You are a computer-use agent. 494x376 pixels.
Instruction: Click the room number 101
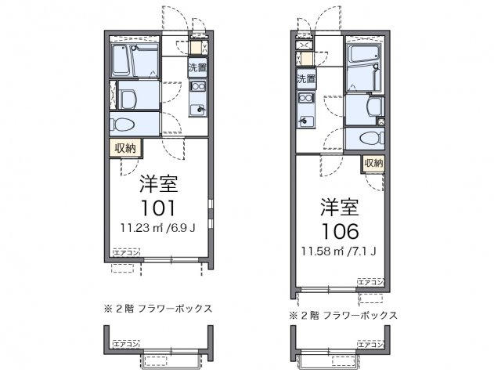tap(159, 208)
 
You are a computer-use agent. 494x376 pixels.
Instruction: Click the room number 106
tap(339, 230)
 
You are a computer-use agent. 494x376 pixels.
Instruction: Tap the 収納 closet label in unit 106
tap(373, 163)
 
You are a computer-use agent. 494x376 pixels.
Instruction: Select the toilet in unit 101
tap(123, 124)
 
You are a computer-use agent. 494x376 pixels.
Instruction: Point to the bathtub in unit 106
tap(362, 67)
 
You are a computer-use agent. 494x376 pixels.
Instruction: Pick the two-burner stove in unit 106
tap(305, 98)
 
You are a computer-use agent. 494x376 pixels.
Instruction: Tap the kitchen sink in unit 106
tap(305, 120)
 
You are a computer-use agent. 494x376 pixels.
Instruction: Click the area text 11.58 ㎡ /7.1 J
tap(339, 252)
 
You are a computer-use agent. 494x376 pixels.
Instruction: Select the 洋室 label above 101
tap(159, 185)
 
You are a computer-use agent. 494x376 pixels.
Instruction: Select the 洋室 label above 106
tap(339, 207)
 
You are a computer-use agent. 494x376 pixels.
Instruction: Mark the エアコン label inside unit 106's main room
tap(370, 281)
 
